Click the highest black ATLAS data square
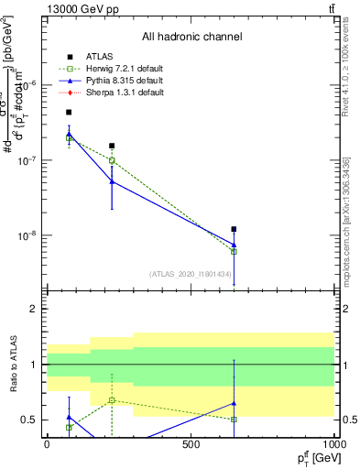coord(69,113)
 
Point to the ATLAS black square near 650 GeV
coord(235,229)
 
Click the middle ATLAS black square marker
coord(112,146)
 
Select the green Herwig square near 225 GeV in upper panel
coord(112,160)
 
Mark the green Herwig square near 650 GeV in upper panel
coord(235,251)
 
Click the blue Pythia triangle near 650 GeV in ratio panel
coord(235,403)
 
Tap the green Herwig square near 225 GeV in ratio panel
coord(112,400)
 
